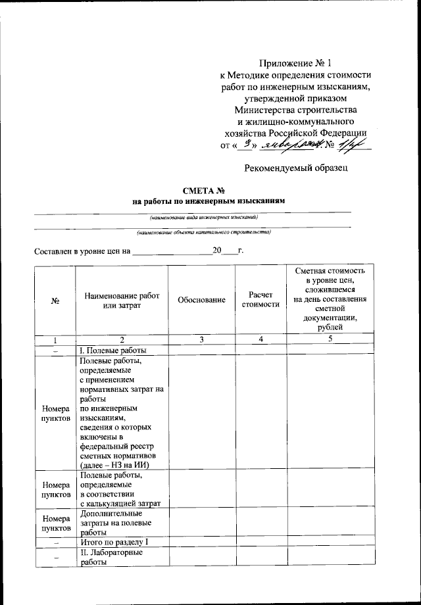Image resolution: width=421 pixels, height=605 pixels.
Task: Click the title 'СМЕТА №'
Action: pos(210,191)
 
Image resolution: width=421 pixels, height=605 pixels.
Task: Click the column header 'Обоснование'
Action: pos(201,300)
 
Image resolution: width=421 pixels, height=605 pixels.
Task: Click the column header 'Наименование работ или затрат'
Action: pos(122,300)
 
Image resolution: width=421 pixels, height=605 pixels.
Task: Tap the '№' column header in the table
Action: pos(55,301)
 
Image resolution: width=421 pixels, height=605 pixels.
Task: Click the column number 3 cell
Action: pos(201,339)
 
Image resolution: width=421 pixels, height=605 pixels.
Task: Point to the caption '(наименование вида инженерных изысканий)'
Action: pos(203,216)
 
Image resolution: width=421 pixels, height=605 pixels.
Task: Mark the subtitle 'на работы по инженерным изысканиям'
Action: pos(210,201)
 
